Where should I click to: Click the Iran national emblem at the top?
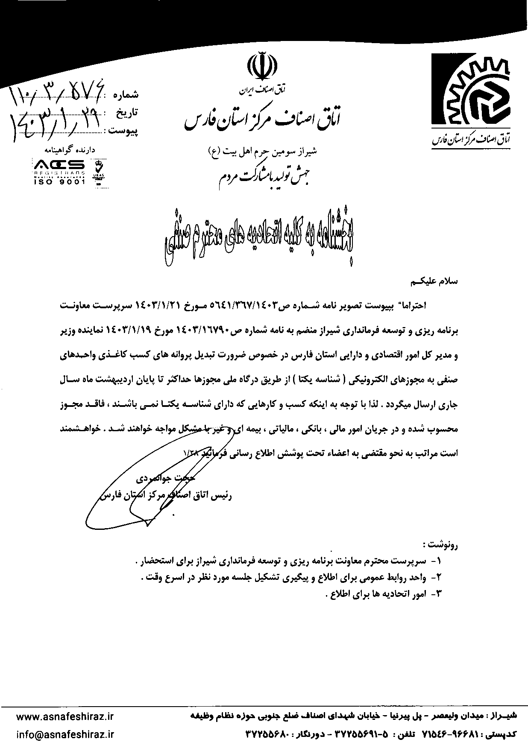click(x=261, y=67)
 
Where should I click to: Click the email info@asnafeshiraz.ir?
click(x=65, y=734)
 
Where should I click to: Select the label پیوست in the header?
click(x=124, y=129)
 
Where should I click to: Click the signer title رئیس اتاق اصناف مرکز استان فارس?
click(x=167, y=497)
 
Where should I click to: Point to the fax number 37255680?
click(x=268, y=735)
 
